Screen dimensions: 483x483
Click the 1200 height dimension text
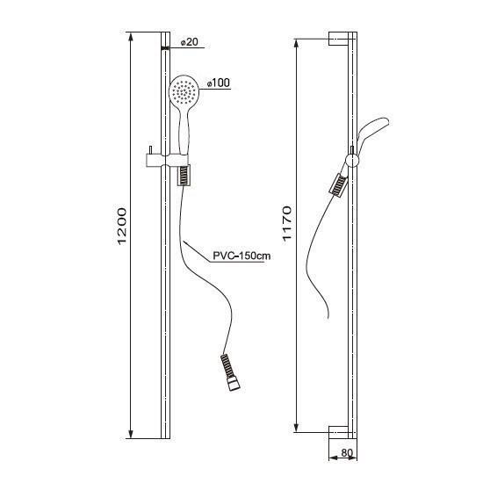pos(122,227)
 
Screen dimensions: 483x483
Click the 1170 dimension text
pos(286,223)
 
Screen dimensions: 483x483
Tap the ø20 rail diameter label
pos(190,42)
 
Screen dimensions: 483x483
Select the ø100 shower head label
pos(219,83)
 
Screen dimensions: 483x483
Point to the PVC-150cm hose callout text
pos(241,256)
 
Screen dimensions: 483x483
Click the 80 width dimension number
pos(347,453)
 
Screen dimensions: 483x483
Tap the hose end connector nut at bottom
pos(234,385)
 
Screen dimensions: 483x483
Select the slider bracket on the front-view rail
pos(167,160)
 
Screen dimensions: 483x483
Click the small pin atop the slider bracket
pos(150,150)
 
